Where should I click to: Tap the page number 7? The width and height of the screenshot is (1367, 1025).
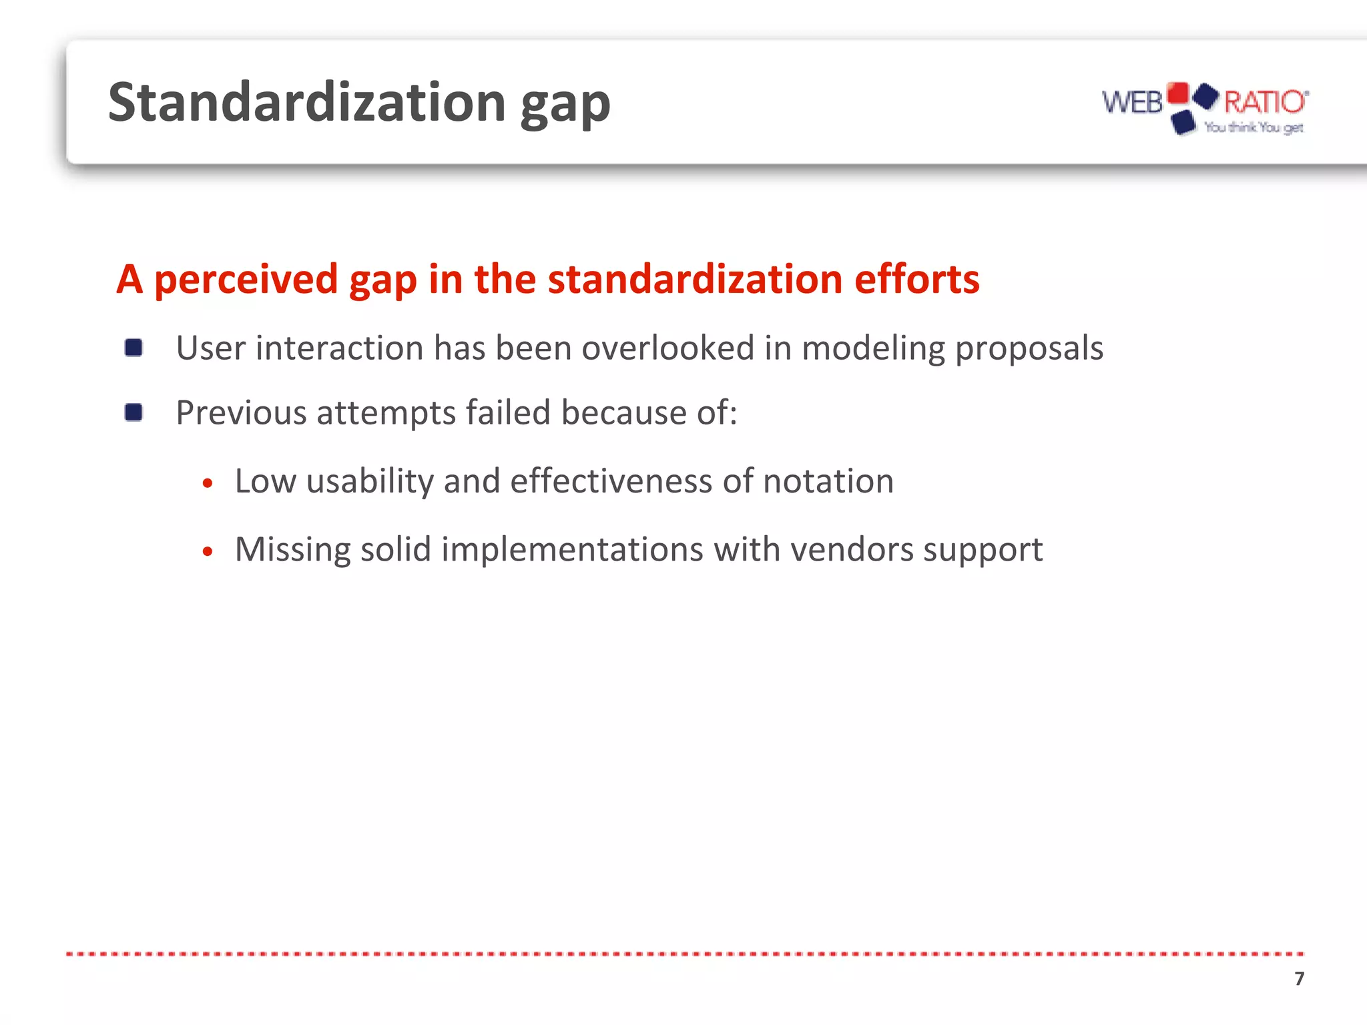point(1299,978)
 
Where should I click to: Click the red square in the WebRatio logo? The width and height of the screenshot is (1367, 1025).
point(1177,93)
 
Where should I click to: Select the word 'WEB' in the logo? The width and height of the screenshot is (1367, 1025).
point(1132,103)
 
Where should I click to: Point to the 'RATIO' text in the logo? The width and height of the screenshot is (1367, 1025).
point(1264,102)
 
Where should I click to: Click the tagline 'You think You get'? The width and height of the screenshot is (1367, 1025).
point(1254,127)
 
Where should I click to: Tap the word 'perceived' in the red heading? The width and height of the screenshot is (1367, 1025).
point(246,280)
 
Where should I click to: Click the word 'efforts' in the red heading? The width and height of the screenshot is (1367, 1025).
point(916,279)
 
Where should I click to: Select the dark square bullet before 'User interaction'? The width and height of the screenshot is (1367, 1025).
point(133,348)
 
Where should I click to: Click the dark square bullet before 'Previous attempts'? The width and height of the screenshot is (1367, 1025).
point(133,412)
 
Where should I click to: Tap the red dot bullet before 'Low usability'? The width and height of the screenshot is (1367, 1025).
point(208,482)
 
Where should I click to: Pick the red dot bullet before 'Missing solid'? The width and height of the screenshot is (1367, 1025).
point(208,551)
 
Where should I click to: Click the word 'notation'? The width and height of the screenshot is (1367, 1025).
point(828,481)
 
